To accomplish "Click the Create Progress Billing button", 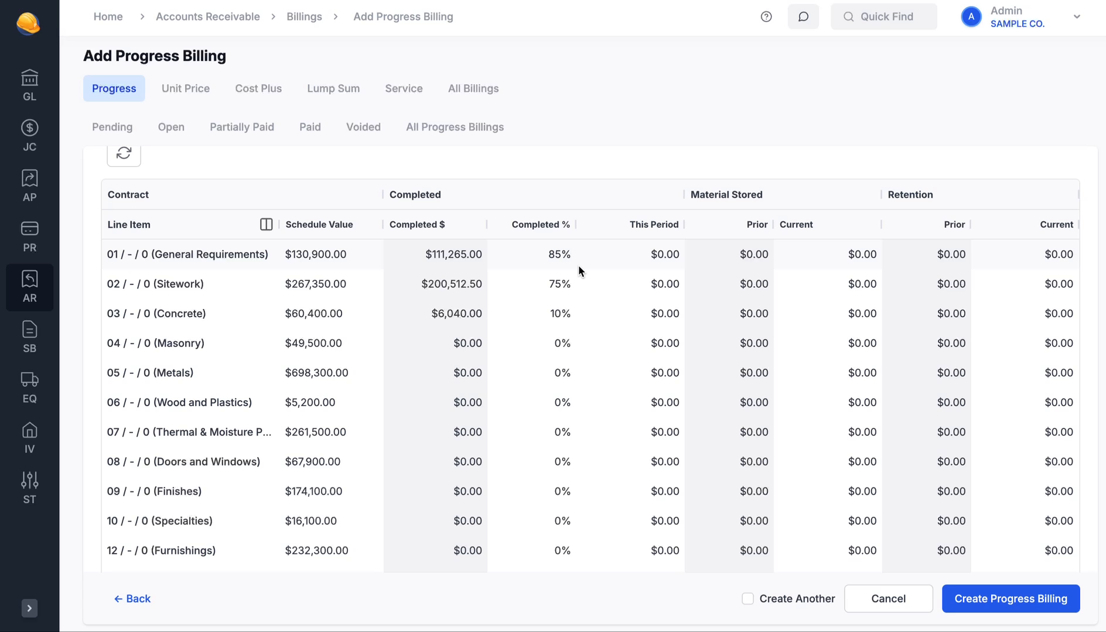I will (x=1011, y=599).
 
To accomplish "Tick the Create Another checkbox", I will (x=747, y=599).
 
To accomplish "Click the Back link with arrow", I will (x=132, y=599).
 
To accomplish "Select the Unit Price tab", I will (x=186, y=88).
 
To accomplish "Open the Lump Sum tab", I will (x=333, y=88).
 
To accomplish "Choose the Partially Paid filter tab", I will (x=242, y=127).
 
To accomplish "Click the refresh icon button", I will (x=124, y=153).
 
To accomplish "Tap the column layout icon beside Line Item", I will (x=266, y=225).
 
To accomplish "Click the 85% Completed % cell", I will (x=559, y=255).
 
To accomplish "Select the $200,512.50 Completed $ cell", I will (x=451, y=284).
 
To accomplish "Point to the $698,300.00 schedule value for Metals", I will (x=316, y=373).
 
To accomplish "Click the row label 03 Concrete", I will (x=156, y=314).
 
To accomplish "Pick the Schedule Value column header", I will (x=319, y=225).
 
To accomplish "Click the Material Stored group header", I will (x=726, y=195).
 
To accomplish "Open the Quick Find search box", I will (x=884, y=16).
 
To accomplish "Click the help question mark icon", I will (x=766, y=16).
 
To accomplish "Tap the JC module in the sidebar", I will (x=29, y=135).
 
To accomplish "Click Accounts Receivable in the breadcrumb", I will (x=208, y=16).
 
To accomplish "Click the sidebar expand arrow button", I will (x=29, y=609).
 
